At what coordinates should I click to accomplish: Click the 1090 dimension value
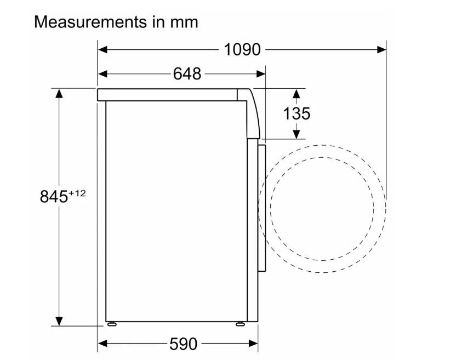click(242, 50)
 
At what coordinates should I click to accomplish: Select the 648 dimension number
click(187, 74)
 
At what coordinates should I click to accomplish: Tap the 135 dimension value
click(297, 113)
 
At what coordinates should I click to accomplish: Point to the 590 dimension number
click(183, 344)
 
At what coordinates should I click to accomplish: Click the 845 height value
click(54, 197)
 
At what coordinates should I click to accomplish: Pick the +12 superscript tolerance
click(77, 193)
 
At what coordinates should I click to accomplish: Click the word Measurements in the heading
click(90, 22)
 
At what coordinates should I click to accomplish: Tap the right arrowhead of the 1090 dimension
click(381, 50)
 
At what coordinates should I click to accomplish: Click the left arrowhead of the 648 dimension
click(102, 74)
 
